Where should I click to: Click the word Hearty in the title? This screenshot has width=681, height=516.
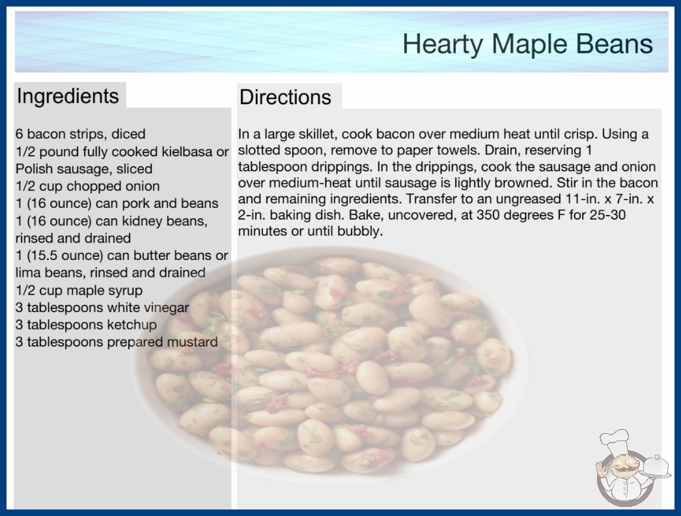pyautogui.click(x=443, y=45)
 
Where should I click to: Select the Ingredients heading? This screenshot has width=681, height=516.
pyautogui.click(x=68, y=96)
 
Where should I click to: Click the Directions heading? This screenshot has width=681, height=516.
pyautogui.click(x=285, y=97)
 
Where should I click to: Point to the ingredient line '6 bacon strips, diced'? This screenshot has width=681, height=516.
pyautogui.click(x=80, y=134)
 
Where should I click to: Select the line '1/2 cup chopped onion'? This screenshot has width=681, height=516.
pyautogui.click(x=88, y=186)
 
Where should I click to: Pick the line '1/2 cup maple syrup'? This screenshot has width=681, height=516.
pyautogui.click(x=79, y=290)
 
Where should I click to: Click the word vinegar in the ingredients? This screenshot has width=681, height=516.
pyautogui.click(x=166, y=308)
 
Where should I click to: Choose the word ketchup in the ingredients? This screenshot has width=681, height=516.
pyautogui.click(x=132, y=324)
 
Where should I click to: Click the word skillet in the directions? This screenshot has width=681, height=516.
pyautogui.click(x=318, y=134)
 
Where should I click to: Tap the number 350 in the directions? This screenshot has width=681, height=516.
pyautogui.click(x=488, y=215)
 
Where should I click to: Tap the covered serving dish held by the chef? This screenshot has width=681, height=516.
pyautogui.click(x=656, y=466)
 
